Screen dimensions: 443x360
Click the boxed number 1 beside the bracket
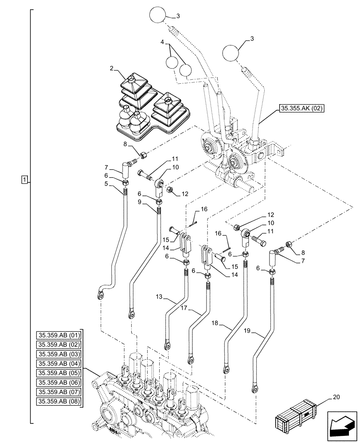pyautogui.click(x=24, y=179)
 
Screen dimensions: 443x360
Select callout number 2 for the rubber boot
pyautogui.click(x=112, y=69)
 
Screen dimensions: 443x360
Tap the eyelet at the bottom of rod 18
pyautogui.click(x=227, y=369)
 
